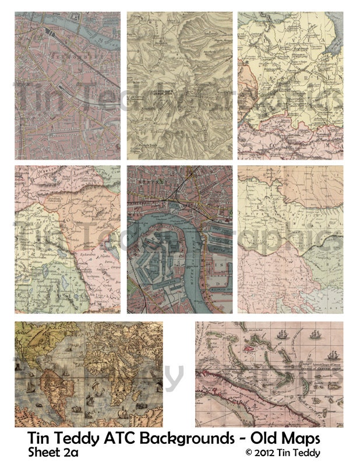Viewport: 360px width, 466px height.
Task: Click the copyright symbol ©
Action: point(248,453)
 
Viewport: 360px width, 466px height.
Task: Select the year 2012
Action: point(266,453)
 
